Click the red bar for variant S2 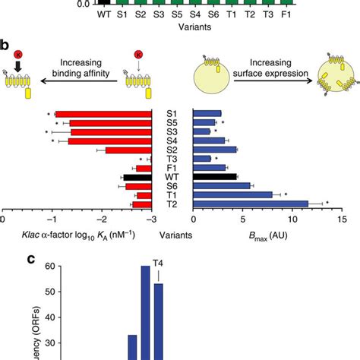(130, 150)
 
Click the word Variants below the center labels (173, 235)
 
